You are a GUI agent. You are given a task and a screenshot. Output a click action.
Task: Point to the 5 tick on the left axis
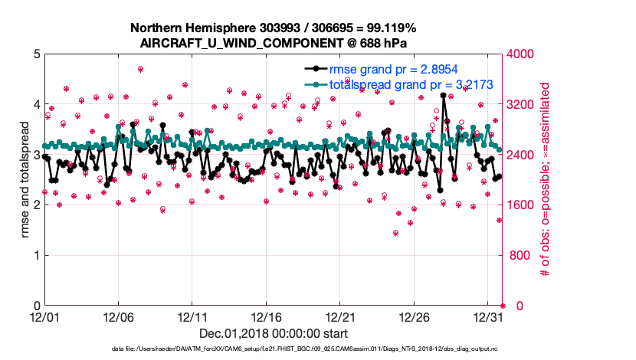click(35, 54)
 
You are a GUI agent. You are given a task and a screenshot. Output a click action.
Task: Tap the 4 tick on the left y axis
click(35, 104)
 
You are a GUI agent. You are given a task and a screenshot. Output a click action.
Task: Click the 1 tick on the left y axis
click(35, 255)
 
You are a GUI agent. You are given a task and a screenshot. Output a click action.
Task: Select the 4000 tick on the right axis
click(520, 54)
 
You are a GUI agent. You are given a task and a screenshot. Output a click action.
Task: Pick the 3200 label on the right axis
click(520, 104)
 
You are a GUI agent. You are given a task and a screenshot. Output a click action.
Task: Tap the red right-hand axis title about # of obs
click(546, 180)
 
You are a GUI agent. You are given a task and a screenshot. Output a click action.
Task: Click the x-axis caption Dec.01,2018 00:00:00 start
click(274, 333)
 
